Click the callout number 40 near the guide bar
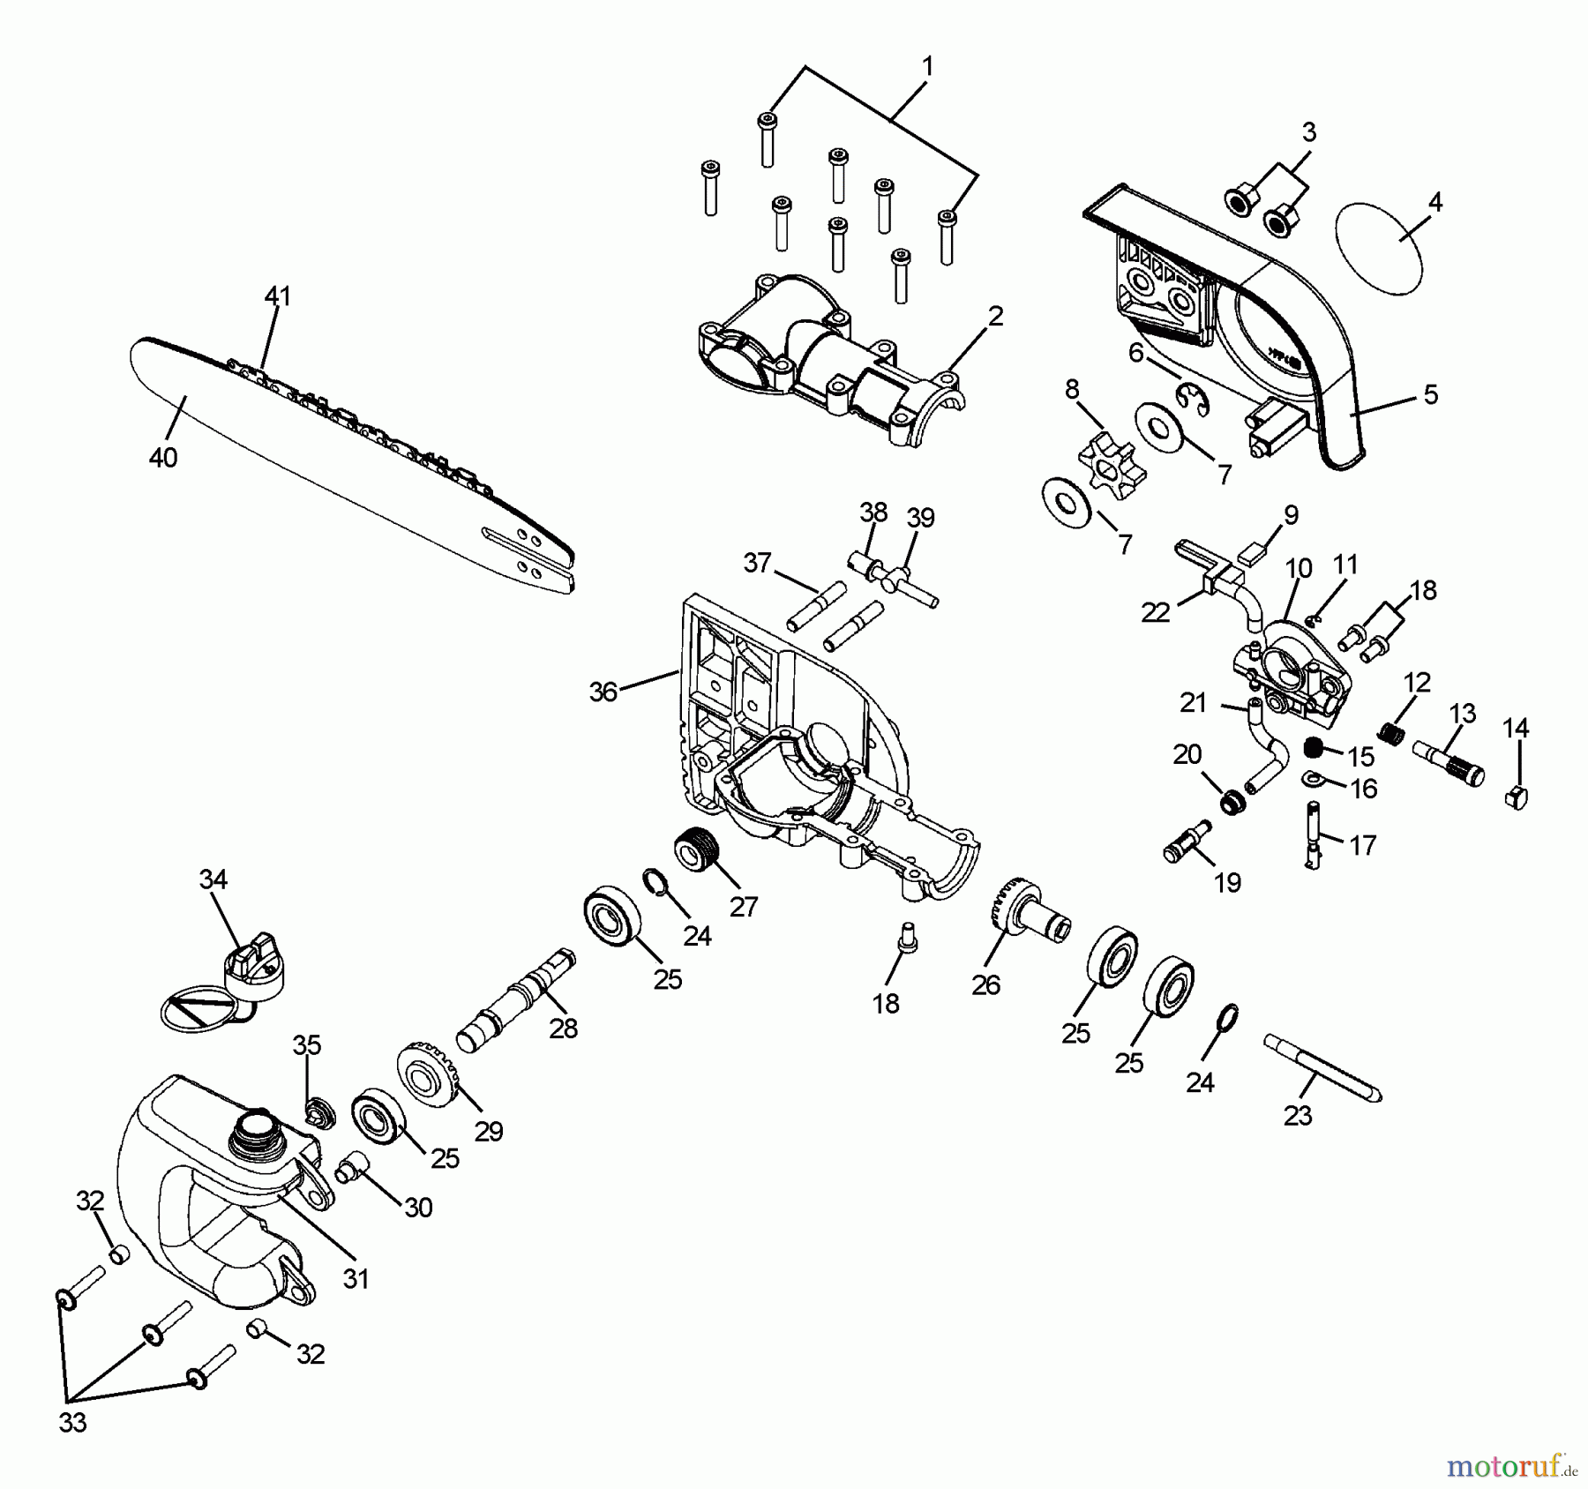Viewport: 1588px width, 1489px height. (x=163, y=458)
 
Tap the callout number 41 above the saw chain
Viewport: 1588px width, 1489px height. (x=277, y=296)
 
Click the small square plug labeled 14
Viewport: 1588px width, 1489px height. (x=1515, y=797)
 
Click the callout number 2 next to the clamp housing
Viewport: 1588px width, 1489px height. (x=996, y=316)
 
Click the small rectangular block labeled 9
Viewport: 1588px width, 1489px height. (x=1251, y=554)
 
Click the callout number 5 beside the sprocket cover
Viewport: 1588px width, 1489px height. (x=1430, y=394)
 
